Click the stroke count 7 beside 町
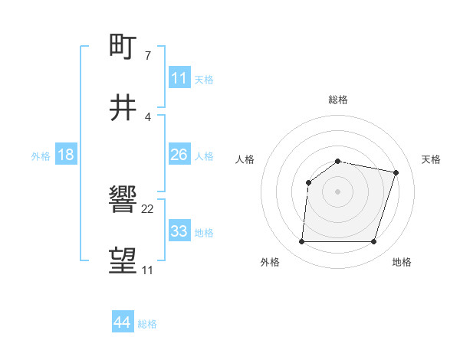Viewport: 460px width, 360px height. tap(148, 55)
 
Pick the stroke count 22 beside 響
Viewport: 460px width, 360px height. tap(148, 208)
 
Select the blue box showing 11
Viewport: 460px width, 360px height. tap(179, 78)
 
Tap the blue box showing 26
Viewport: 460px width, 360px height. tap(179, 155)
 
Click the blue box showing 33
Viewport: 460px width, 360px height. tap(179, 231)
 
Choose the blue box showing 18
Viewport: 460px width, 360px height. tap(65, 155)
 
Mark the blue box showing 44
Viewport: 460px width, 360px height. tap(122, 322)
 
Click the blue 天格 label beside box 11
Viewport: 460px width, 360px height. tap(204, 79)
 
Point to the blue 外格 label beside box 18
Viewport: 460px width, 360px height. tap(41, 155)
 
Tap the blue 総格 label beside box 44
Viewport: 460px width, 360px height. tap(147, 323)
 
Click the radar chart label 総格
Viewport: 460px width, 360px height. tap(338, 100)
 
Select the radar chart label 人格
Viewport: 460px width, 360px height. tap(245, 159)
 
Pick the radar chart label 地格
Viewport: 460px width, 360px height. tap(402, 262)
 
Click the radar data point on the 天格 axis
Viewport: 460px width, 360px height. tap(396, 172)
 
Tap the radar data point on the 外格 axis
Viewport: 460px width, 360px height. tap(301, 242)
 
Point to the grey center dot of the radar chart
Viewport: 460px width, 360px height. tap(338, 191)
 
